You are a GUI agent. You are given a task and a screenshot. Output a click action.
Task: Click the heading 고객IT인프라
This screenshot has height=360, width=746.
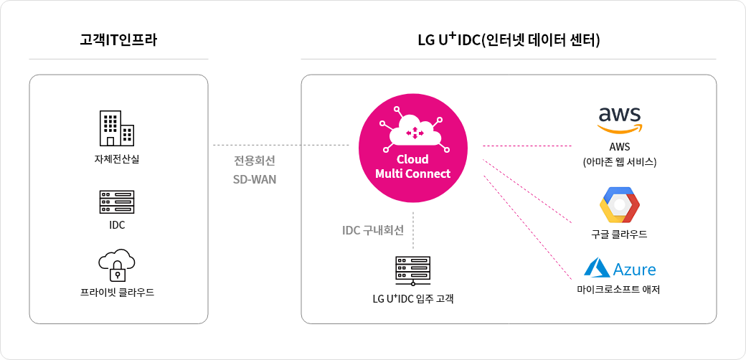tap(118, 40)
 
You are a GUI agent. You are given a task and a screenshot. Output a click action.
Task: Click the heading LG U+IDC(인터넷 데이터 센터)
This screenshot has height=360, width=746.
tap(509, 40)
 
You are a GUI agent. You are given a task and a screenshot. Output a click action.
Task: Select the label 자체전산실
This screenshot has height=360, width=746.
tap(118, 158)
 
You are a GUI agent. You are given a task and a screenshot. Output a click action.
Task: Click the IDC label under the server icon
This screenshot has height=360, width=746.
tap(117, 225)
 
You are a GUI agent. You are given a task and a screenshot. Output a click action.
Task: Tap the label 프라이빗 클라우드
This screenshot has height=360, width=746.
tap(118, 292)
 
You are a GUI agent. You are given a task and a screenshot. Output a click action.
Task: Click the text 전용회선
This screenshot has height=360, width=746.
tap(254, 158)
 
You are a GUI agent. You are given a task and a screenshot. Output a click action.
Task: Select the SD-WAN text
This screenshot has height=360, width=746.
tap(254, 179)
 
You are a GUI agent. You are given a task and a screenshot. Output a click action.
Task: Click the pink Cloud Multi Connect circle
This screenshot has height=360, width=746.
tap(412, 146)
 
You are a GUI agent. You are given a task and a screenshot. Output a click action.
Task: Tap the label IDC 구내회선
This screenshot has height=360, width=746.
tap(373, 230)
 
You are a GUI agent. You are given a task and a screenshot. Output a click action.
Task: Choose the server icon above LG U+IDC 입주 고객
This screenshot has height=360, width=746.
tap(412, 270)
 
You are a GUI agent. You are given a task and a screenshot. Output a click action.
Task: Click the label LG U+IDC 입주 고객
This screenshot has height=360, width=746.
tap(412, 298)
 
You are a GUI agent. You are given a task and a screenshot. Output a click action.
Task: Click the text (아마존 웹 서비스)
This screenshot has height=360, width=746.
tap(619, 162)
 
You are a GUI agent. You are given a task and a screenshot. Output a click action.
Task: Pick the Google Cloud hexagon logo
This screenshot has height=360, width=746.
tap(619, 205)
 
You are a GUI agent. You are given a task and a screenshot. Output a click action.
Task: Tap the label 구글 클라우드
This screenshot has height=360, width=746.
tap(619, 235)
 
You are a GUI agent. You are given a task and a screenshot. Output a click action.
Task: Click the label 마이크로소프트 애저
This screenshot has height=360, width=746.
tap(618, 290)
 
